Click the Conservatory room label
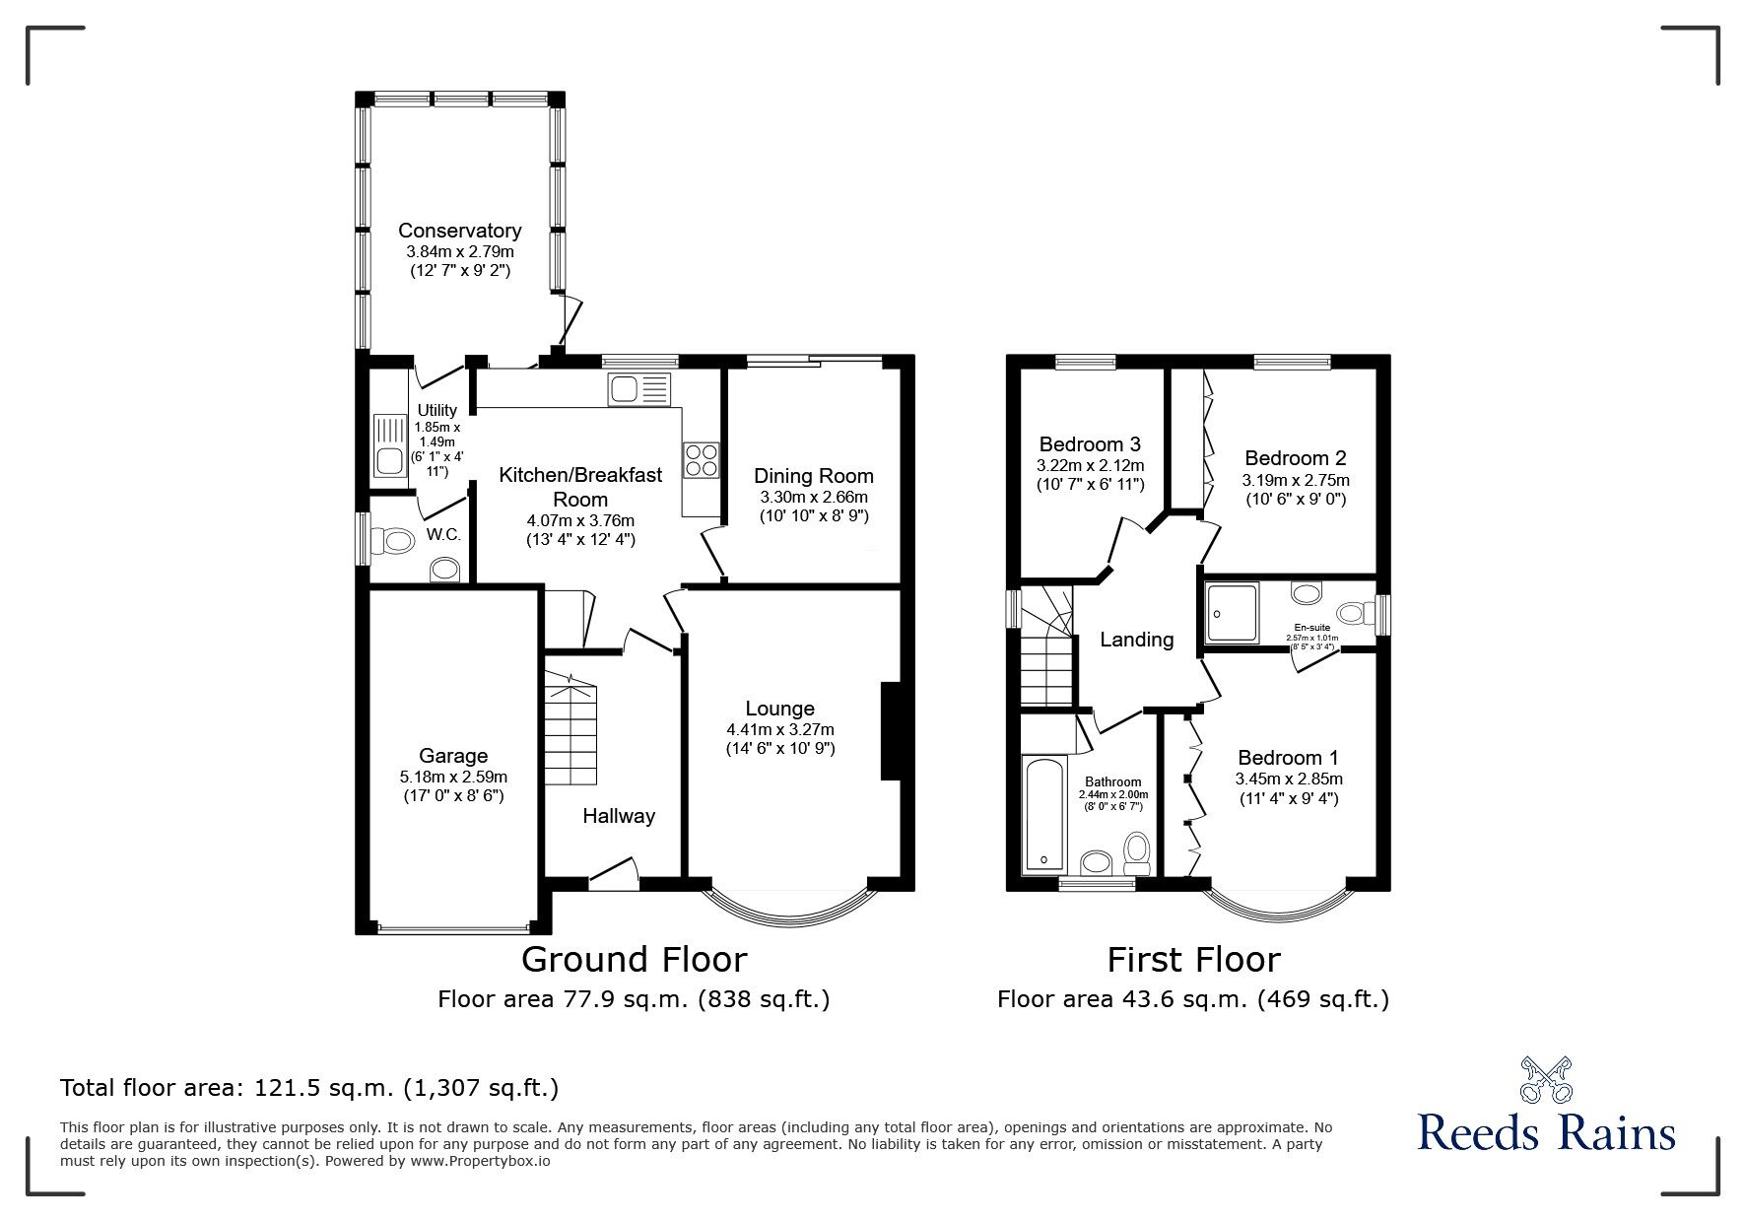coord(459,231)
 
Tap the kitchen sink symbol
coord(638,390)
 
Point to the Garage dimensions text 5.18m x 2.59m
coord(453,777)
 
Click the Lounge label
coord(779,709)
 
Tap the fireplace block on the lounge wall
coord(891,730)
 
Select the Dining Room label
coord(813,476)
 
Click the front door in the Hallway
coord(613,871)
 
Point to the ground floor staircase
coord(571,729)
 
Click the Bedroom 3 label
coord(1090,444)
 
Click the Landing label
coord(1136,640)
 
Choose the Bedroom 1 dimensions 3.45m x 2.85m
coord(1288,779)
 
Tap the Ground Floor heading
coord(634,959)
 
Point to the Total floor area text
coord(309,1088)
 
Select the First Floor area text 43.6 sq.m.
coord(1192,999)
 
